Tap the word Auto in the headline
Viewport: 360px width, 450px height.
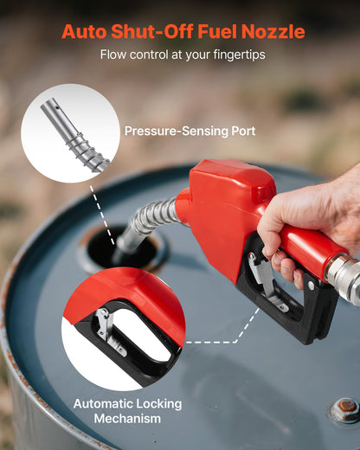point(85,32)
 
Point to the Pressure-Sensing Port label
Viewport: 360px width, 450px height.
point(190,132)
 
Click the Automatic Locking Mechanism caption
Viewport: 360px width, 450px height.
point(117,410)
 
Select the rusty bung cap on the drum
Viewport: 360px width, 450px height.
point(346,408)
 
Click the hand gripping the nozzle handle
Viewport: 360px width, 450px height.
point(307,229)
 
